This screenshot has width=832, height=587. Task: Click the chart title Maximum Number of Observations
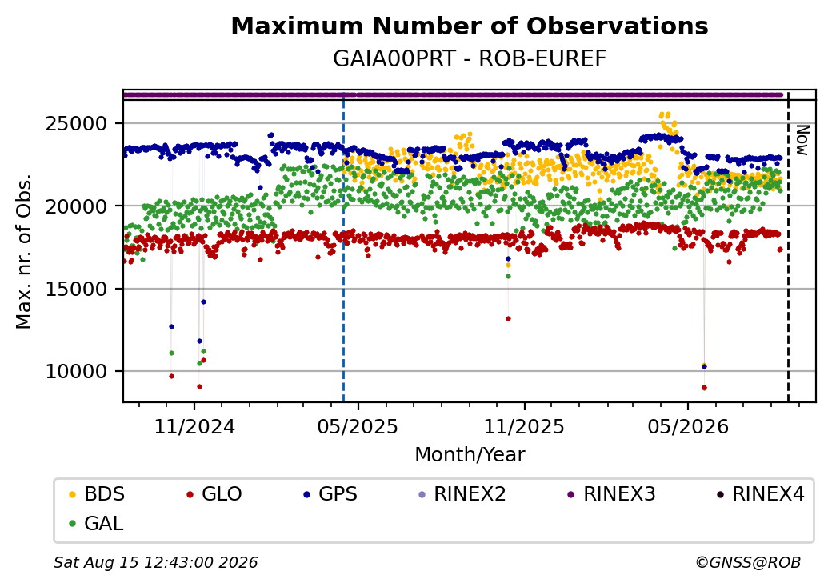click(470, 26)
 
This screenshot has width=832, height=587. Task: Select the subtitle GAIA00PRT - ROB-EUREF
click(470, 59)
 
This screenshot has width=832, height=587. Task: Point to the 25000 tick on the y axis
click(77, 123)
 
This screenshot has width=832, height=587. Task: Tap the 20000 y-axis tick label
click(77, 206)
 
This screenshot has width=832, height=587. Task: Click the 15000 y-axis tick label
click(77, 289)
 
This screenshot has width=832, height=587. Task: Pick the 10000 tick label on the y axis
click(77, 372)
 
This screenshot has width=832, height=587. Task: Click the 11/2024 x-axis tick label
click(194, 426)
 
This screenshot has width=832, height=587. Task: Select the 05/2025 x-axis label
click(358, 426)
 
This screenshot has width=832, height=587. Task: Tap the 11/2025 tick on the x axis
click(524, 426)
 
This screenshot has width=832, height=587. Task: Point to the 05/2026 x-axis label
click(688, 426)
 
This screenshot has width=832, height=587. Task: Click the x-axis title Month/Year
click(470, 454)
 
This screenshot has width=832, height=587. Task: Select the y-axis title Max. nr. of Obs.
click(24, 251)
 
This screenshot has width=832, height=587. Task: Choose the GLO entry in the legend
click(214, 494)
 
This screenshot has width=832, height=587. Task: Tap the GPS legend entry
click(330, 494)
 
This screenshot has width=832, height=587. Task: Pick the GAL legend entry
click(97, 523)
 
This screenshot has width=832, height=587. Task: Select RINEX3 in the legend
click(611, 494)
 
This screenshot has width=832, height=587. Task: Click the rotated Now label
click(803, 141)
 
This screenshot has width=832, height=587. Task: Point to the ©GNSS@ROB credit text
click(748, 562)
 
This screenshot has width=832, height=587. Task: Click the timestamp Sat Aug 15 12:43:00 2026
click(156, 562)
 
